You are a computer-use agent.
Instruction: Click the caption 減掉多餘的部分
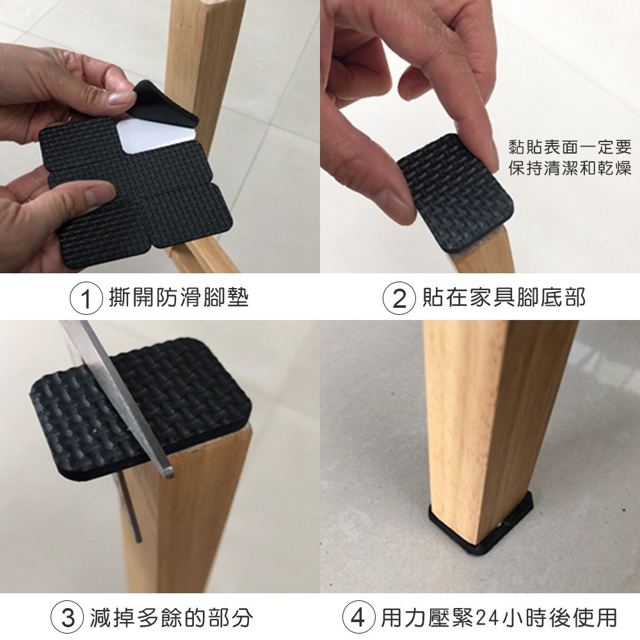pyautogui.click(x=172, y=618)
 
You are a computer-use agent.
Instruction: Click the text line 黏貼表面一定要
pyautogui.click(x=569, y=148)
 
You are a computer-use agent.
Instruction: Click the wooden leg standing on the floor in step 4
pyautogui.click(x=493, y=416)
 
